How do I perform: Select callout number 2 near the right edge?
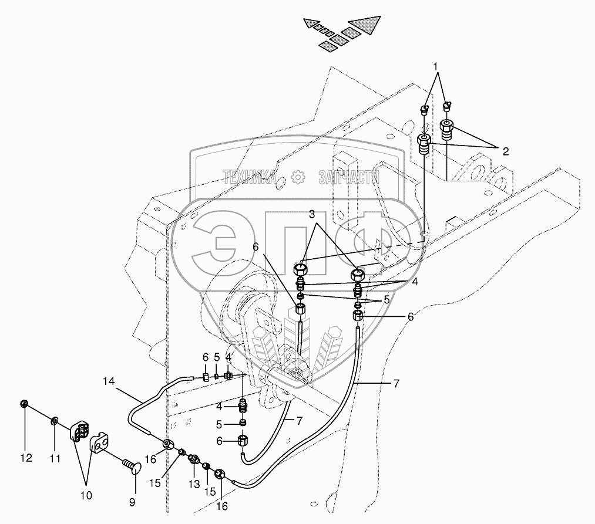[505, 151]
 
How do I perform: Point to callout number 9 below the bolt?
[132, 502]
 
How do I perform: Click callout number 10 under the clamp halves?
[86, 496]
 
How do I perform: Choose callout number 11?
[54, 459]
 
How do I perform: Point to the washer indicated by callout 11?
[55, 420]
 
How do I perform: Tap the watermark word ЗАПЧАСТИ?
[348, 177]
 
